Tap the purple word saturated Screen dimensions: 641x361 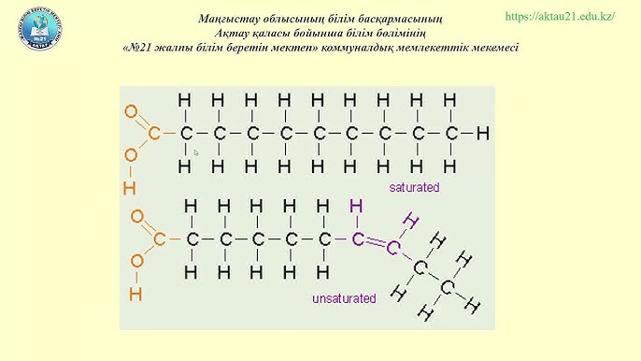point(414,187)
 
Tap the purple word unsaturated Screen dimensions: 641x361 point(344,299)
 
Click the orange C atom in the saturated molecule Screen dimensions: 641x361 point(153,134)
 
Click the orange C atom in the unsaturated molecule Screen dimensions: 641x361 point(159,239)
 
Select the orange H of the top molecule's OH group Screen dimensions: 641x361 point(129,188)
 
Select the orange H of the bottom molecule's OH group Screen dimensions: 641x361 point(135,295)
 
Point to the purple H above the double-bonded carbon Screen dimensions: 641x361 point(356,206)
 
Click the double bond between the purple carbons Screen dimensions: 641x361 point(375,243)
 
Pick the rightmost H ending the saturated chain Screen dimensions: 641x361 point(482,134)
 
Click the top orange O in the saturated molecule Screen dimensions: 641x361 point(130,111)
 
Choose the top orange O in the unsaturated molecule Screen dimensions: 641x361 point(136,217)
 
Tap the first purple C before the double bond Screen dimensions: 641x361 point(357,239)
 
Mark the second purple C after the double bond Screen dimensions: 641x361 point(393,248)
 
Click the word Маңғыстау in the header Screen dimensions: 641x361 point(229,19)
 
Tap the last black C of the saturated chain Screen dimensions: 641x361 point(451,134)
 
